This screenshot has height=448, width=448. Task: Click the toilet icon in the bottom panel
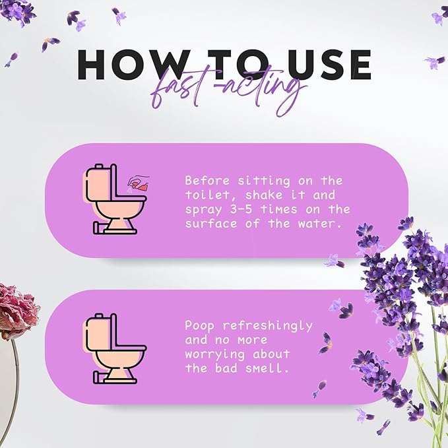(113, 348)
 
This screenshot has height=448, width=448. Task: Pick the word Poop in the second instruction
(199, 325)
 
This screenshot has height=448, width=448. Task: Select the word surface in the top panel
(208, 224)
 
